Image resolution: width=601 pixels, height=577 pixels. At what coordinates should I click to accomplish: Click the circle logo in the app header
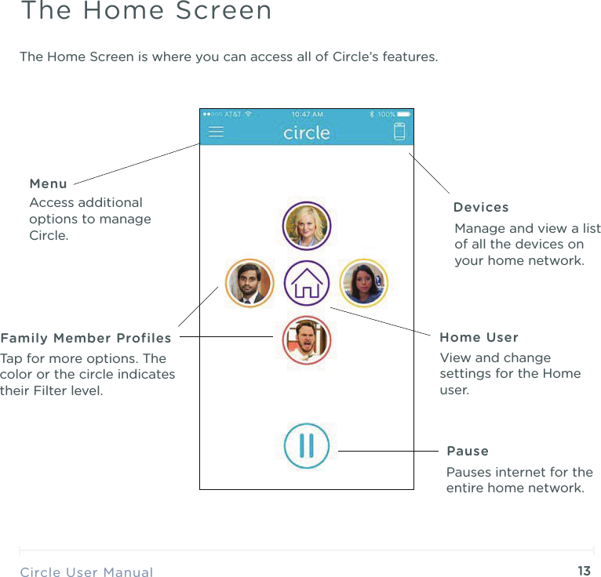pyautogui.click(x=306, y=132)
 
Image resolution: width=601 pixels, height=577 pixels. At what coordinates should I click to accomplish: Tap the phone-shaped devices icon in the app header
pyautogui.click(x=399, y=132)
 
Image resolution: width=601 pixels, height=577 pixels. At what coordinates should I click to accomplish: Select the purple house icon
pyautogui.click(x=306, y=283)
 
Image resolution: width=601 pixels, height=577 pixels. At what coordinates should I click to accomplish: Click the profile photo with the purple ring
pyautogui.click(x=307, y=226)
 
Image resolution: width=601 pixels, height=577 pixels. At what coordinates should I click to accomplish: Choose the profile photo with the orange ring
pyautogui.click(x=250, y=283)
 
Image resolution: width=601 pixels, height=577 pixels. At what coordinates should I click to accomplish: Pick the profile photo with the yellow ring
pyautogui.click(x=363, y=283)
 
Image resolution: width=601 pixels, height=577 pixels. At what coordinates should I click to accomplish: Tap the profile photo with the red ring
pyautogui.click(x=307, y=340)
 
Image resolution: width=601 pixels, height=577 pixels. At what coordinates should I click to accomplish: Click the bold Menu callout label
pyautogui.click(x=48, y=184)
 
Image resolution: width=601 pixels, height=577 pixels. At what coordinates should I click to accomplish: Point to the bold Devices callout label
pyautogui.click(x=481, y=208)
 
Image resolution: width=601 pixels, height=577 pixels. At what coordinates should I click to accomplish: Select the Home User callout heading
pyautogui.click(x=479, y=338)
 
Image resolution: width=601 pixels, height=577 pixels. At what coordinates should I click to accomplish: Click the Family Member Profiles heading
pyautogui.click(x=86, y=339)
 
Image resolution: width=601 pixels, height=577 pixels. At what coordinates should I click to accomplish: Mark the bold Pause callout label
pyautogui.click(x=468, y=452)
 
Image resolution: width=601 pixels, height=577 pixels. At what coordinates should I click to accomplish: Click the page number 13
pyautogui.click(x=584, y=571)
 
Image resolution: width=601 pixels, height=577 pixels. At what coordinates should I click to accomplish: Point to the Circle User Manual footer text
pyautogui.click(x=86, y=572)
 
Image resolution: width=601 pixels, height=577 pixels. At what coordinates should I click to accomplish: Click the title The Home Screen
pyautogui.click(x=146, y=12)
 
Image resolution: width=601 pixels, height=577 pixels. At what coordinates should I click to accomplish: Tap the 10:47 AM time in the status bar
pyautogui.click(x=307, y=114)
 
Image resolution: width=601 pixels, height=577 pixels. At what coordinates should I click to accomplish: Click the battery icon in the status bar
pyautogui.click(x=404, y=114)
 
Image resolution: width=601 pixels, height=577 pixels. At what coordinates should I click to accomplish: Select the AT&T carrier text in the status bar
pyautogui.click(x=233, y=114)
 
